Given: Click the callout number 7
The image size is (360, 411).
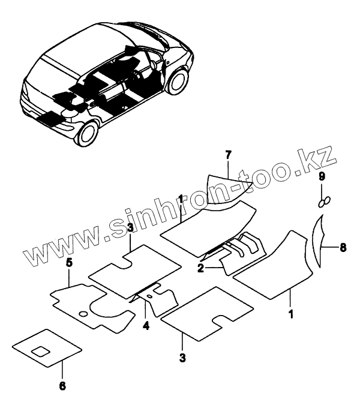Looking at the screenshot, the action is [228, 156].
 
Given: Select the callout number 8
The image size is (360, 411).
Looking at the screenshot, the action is [343, 246].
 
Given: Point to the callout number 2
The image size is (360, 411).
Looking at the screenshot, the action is [201, 269].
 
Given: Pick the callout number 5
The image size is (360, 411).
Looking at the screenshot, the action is [69, 262].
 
